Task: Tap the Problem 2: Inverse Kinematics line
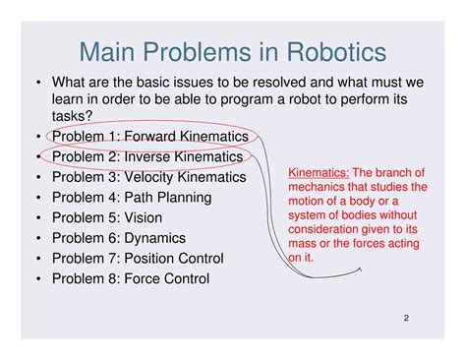[146, 156]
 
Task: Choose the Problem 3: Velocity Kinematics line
[148, 177]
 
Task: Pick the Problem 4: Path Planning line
[131, 197]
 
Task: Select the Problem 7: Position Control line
[137, 259]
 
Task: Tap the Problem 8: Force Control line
[130, 278]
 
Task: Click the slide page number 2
[405, 319]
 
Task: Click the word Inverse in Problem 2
[154, 156]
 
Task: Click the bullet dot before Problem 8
[36, 279]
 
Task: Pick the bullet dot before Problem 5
[36, 218]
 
